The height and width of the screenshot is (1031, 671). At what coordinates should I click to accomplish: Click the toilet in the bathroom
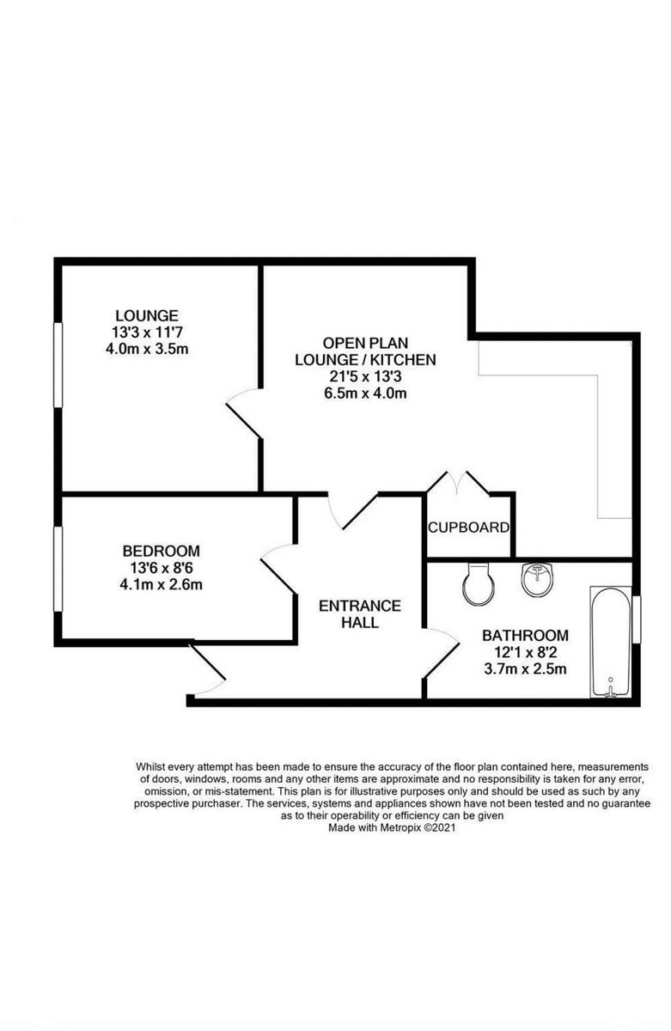[477, 584]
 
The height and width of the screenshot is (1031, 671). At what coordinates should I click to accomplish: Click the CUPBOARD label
[469, 528]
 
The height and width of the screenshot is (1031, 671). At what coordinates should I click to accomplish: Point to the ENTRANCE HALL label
[360, 613]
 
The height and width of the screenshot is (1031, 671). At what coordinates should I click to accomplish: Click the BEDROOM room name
[162, 551]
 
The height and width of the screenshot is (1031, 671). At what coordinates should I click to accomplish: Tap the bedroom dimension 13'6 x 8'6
[162, 568]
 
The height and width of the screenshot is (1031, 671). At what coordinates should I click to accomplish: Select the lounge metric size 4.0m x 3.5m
[149, 349]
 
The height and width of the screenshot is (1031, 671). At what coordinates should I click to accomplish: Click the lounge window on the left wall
[58, 363]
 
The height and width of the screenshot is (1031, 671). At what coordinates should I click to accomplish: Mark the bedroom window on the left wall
[58, 569]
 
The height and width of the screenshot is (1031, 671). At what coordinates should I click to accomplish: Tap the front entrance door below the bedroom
[207, 671]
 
